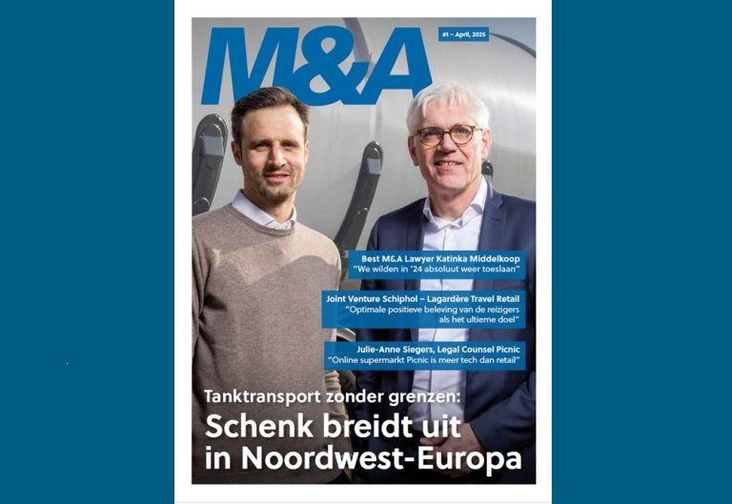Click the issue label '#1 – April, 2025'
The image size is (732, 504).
[464, 34]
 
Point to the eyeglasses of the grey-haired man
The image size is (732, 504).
[447, 135]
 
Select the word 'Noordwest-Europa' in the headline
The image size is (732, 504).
[381, 458]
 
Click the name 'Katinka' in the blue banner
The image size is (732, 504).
[447, 257]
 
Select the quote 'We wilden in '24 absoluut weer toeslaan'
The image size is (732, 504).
[438, 270]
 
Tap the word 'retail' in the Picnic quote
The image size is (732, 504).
[504, 361]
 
